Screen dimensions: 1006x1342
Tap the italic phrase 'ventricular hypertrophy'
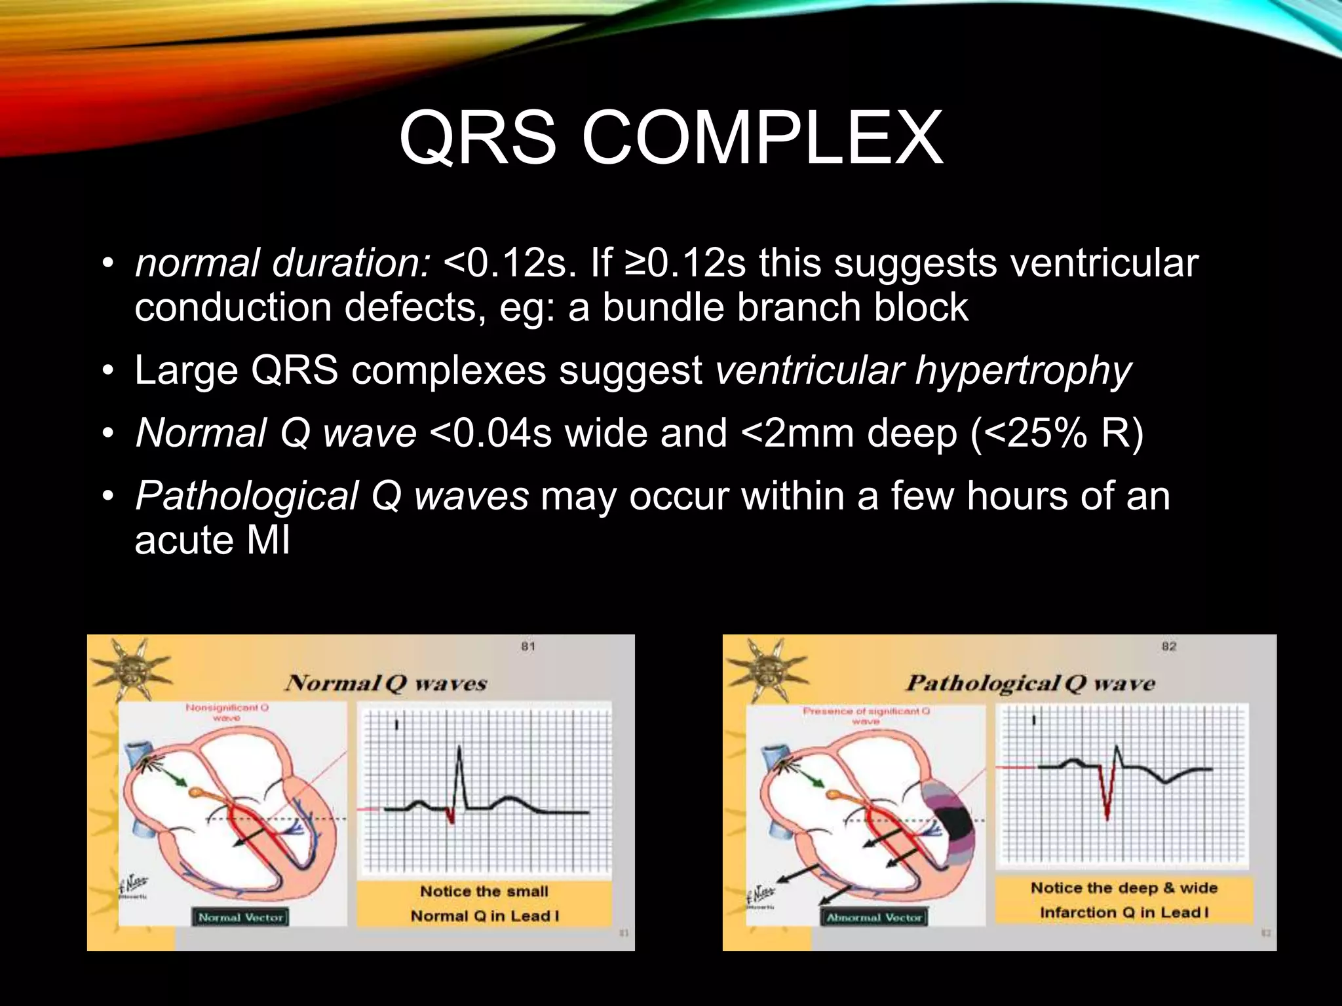pyautogui.click(x=923, y=370)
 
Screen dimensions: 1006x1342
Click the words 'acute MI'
pyautogui.click(x=212, y=540)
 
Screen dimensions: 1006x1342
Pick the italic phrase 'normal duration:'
pyautogui.click(x=283, y=263)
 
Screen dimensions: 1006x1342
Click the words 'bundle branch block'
pyautogui.click(x=784, y=307)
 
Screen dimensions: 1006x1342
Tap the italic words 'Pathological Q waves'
pyautogui.click(x=332, y=495)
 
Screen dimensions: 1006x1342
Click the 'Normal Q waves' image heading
pyautogui.click(x=386, y=684)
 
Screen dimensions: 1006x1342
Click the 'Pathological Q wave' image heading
pyautogui.click(x=1030, y=684)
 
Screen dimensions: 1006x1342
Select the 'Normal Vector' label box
pyautogui.click(x=240, y=918)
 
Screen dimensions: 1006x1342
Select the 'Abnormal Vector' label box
pyautogui.click(x=874, y=918)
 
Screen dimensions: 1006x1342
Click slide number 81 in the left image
pyautogui.click(x=528, y=646)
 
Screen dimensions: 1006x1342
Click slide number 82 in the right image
pyautogui.click(x=1169, y=646)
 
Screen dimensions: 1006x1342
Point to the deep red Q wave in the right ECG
pyautogui.click(x=1107, y=799)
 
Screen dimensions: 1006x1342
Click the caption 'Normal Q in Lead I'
pyautogui.click(x=484, y=916)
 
